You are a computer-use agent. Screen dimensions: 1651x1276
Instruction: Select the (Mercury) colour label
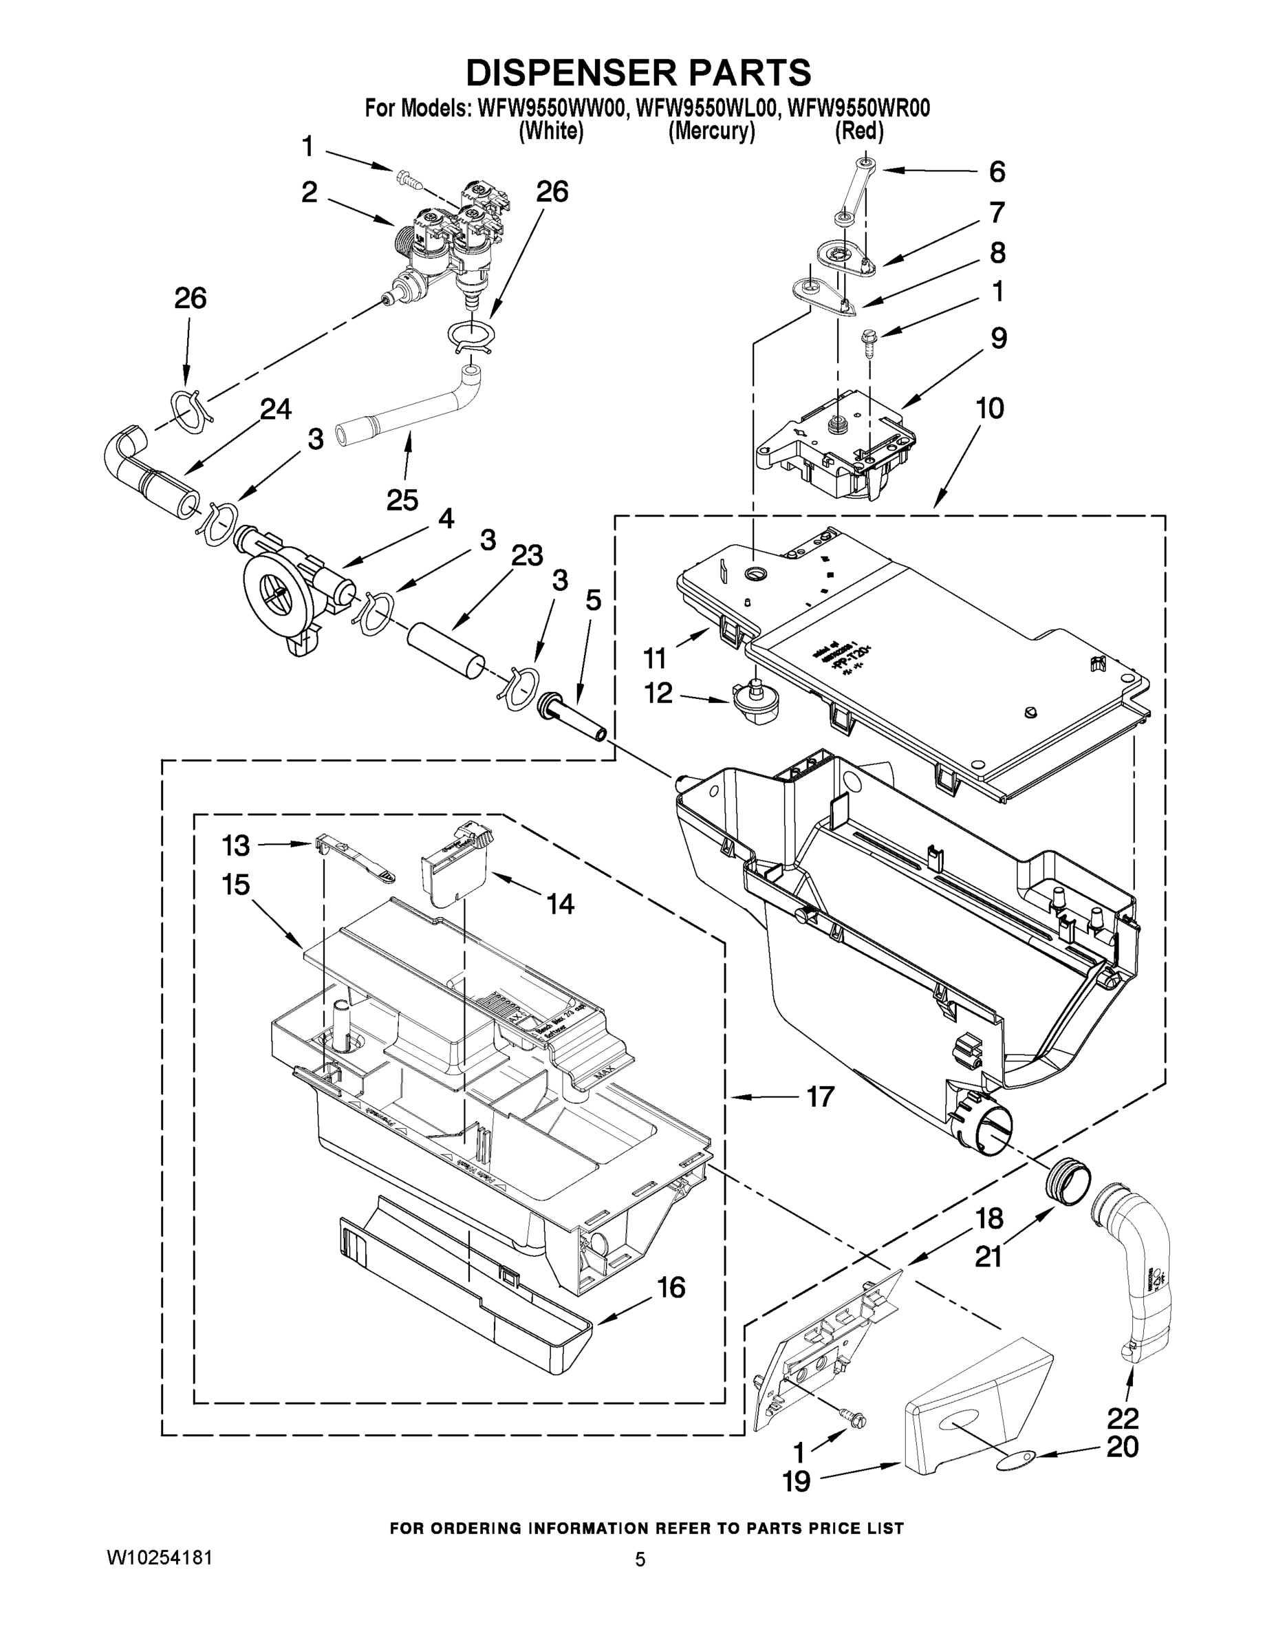[x=711, y=131]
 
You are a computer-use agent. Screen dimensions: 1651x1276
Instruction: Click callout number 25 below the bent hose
[x=402, y=499]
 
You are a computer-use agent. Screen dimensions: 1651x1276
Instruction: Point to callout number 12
[x=658, y=693]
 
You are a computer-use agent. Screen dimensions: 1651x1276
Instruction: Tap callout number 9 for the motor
[x=998, y=338]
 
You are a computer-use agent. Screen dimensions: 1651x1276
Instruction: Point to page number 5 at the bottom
[x=640, y=1560]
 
